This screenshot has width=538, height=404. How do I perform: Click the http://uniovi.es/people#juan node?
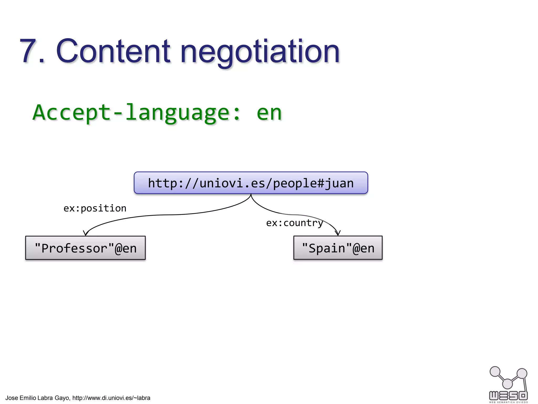click(x=251, y=183)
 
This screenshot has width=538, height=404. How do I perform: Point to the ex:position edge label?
click(x=95, y=208)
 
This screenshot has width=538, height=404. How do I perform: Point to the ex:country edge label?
click(x=294, y=223)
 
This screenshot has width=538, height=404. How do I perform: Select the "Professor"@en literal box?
click(x=85, y=248)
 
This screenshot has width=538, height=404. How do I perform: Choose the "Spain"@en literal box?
click(x=338, y=248)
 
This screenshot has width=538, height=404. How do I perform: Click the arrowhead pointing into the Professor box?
click(x=85, y=233)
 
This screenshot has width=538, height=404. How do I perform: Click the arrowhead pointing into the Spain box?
click(x=338, y=233)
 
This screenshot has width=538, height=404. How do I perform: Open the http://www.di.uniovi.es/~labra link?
click(x=111, y=398)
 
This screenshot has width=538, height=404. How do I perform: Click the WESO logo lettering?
click(x=508, y=395)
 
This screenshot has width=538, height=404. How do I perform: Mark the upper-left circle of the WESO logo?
click(x=495, y=372)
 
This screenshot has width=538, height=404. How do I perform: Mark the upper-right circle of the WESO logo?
click(x=522, y=373)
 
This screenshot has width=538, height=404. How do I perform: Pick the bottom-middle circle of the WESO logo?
click(x=508, y=384)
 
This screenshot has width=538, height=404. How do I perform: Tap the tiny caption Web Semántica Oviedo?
click(x=508, y=402)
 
